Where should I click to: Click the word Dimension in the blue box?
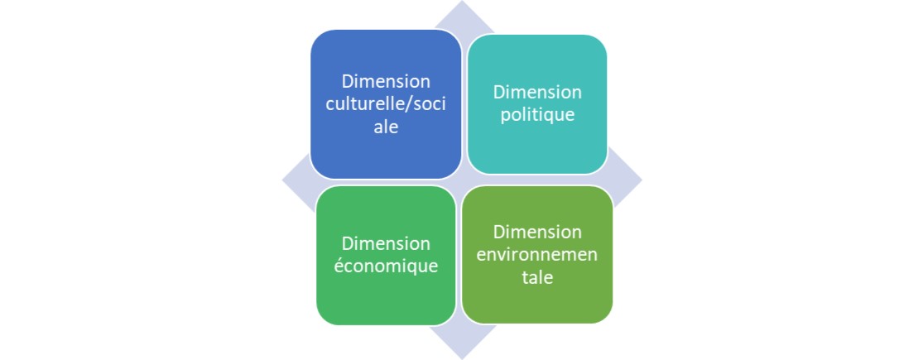pyautogui.click(x=386, y=81)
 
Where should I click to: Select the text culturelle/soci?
pyautogui.click(x=386, y=104)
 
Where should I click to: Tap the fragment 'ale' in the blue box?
pyautogui.click(x=386, y=127)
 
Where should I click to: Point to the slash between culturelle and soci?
pyautogui.click(x=411, y=104)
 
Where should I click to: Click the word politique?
pyautogui.click(x=537, y=115)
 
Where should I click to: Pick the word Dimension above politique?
pyautogui.click(x=537, y=93)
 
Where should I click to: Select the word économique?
pyautogui.click(x=386, y=266)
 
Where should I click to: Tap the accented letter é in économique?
pyautogui.click(x=339, y=265)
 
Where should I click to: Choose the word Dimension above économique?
pyautogui.click(x=386, y=243)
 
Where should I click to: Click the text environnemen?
pyautogui.click(x=537, y=255)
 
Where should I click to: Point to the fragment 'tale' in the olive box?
pyautogui.click(x=537, y=277)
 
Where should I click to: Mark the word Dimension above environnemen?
pyautogui.click(x=537, y=232)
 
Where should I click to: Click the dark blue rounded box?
pyautogui.click(x=386, y=104)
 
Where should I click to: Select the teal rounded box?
pyautogui.click(x=537, y=104)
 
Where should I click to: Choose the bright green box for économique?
pyautogui.click(x=386, y=255)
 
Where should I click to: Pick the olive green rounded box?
pyautogui.click(x=537, y=254)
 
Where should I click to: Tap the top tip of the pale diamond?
pyautogui.click(x=462, y=1)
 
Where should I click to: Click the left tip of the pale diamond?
pyautogui.click(x=282, y=180)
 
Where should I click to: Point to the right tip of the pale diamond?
pyautogui.click(x=642, y=180)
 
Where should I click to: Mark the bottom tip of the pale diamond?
pyautogui.click(x=462, y=359)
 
